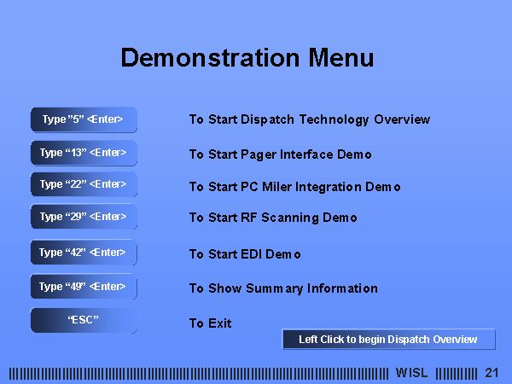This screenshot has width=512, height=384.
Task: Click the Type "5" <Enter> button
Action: [x=84, y=119]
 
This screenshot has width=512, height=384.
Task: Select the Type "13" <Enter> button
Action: [x=84, y=153]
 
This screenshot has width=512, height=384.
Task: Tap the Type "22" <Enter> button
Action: [x=84, y=184]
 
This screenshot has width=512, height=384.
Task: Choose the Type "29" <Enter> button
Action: [x=84, y=217]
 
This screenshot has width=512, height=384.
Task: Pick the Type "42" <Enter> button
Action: [x=84, y=252]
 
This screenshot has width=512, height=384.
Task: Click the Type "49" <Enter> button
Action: [x=84, y=287]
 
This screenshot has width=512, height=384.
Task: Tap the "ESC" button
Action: [x=84, y=320]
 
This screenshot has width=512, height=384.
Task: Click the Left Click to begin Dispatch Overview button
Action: [x=388, y=340]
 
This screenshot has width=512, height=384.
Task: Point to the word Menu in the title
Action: [x=340, y=57]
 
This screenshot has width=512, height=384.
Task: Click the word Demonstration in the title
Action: [x=210, y=57]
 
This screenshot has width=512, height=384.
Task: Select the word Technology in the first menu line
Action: [x=334, y=119]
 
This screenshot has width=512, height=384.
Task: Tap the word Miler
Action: [x=276, y=187]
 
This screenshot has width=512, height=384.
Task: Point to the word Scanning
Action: [x=290, y=218]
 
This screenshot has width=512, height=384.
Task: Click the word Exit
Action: [x=220, y=323]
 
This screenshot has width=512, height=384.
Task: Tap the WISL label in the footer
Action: [x=412, y=373]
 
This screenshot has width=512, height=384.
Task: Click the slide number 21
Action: [x=492, y=373]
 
